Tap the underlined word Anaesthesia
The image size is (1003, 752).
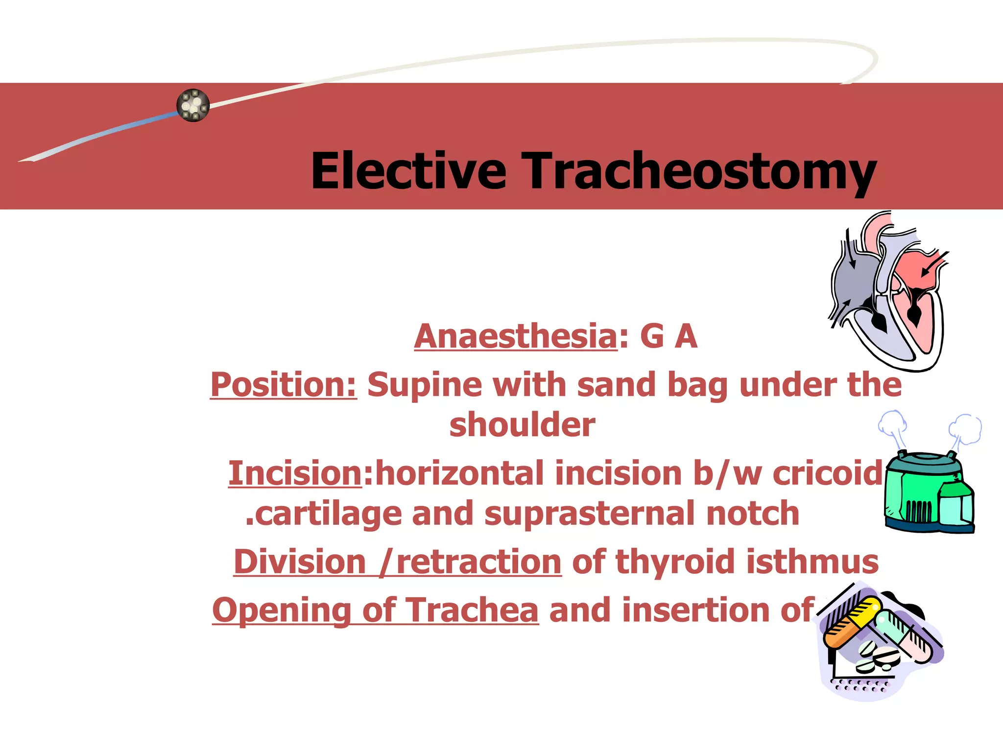click(515, 336)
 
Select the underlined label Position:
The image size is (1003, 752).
click(284, 385)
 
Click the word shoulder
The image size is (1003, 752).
click(522, 425)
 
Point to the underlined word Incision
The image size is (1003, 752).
click(295, 474)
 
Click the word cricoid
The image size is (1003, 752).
click(828, 474)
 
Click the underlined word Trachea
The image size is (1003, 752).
click(472, 611)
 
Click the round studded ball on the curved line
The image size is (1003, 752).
click(193, 105)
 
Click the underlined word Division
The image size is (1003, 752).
click(299, 562)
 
